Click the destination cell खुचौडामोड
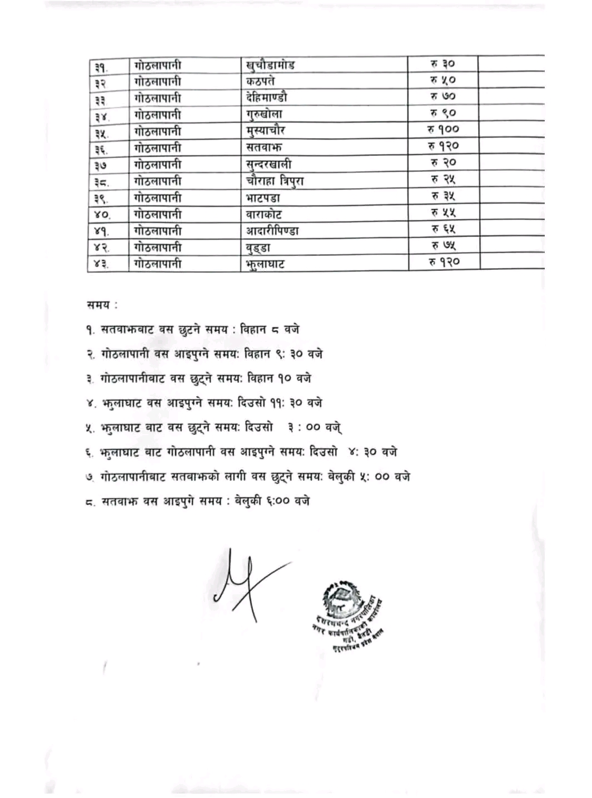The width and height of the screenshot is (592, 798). point(270,65)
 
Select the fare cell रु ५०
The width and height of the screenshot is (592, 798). point(442,80)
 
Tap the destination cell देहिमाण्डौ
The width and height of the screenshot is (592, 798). point(267,97)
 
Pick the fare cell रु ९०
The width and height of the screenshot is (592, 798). point(442,113)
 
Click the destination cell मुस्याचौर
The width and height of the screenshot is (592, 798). point(265,131)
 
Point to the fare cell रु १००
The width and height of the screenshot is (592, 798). point(443,130)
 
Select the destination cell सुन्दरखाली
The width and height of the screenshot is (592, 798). point(268,165)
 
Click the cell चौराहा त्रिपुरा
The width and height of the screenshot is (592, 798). point(275,181)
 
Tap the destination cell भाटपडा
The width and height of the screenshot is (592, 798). point(263,198)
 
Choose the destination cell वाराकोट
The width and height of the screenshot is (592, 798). point(263,215)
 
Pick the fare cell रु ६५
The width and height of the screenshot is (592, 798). point(443,229)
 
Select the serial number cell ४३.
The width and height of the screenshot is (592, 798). point(101,264)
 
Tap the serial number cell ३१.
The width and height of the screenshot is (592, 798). point(101,67)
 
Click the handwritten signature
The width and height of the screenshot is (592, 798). point(245,579)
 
